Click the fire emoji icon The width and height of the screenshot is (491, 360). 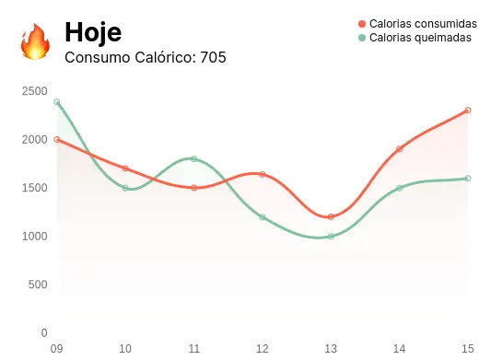(35, 41)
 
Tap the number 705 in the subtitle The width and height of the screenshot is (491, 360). (213, 57)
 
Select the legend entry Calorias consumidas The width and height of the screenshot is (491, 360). (423, 23)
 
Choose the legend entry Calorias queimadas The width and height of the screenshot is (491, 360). (420, 38)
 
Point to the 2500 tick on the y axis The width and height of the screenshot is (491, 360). (35, 91)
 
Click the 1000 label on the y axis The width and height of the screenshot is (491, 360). (35, 236)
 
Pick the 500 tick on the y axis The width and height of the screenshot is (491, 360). (38, 285)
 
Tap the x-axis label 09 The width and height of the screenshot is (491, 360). (56, 349)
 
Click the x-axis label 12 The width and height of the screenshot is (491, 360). (263, 349)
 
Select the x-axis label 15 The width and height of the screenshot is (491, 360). (468, 349)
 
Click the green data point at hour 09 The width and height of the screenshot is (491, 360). (57, 102)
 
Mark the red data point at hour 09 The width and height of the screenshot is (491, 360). (57, 140)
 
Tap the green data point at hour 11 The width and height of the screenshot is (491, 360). (194, 159)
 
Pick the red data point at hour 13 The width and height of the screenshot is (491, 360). (331, 217)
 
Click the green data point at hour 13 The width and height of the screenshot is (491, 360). (331, 237)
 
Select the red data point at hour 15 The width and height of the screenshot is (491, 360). (468, 110)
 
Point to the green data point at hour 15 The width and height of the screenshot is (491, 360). (468, 179)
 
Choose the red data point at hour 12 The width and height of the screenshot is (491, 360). (263, 174)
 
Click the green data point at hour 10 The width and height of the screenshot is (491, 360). (125, 188)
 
